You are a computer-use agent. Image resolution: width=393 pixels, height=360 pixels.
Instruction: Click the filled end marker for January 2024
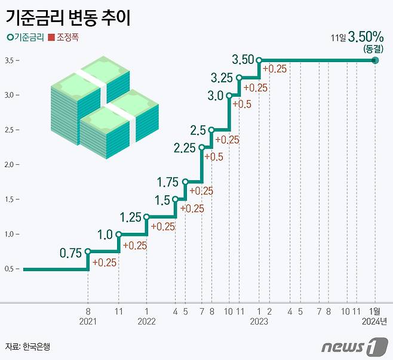point(375,60)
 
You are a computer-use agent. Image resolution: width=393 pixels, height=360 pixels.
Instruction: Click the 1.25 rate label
point(130,217)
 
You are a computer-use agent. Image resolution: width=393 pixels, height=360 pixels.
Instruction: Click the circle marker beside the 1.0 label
point(118,235)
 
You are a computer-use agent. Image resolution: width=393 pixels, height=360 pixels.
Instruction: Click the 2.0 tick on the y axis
point(10,165)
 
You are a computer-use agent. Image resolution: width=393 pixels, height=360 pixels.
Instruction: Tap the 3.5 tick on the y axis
point(10,61)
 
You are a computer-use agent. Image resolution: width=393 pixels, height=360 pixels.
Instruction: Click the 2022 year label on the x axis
point(146,321)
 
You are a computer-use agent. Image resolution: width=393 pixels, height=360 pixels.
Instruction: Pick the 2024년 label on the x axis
point(375,321)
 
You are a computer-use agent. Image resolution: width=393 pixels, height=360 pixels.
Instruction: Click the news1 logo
point(350,346)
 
